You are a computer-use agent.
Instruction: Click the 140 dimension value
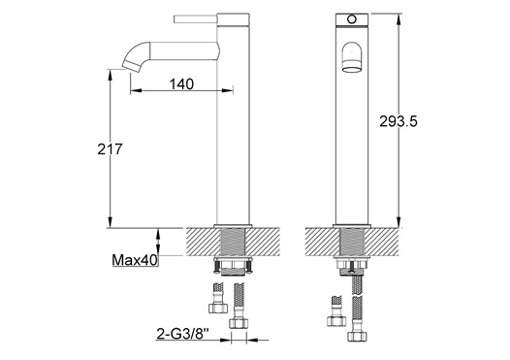(181, 84)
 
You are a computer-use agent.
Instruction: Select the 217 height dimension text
(110, 149)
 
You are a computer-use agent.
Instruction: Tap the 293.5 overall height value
(398, 121)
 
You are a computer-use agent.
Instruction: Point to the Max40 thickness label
(135, 260)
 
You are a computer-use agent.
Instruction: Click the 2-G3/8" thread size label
(183, 334)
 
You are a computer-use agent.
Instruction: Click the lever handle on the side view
(196, 19)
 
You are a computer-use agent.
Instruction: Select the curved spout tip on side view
(132, 65)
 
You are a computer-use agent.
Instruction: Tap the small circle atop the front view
(352, 19)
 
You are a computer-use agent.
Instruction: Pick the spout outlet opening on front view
(351, 69)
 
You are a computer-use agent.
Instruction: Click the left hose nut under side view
(218, 308)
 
